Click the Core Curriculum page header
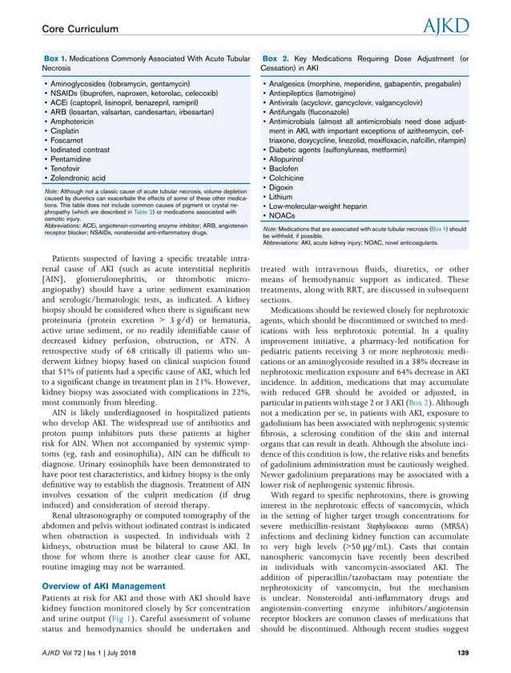coord(79,29)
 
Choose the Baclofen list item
coord(288,169)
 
